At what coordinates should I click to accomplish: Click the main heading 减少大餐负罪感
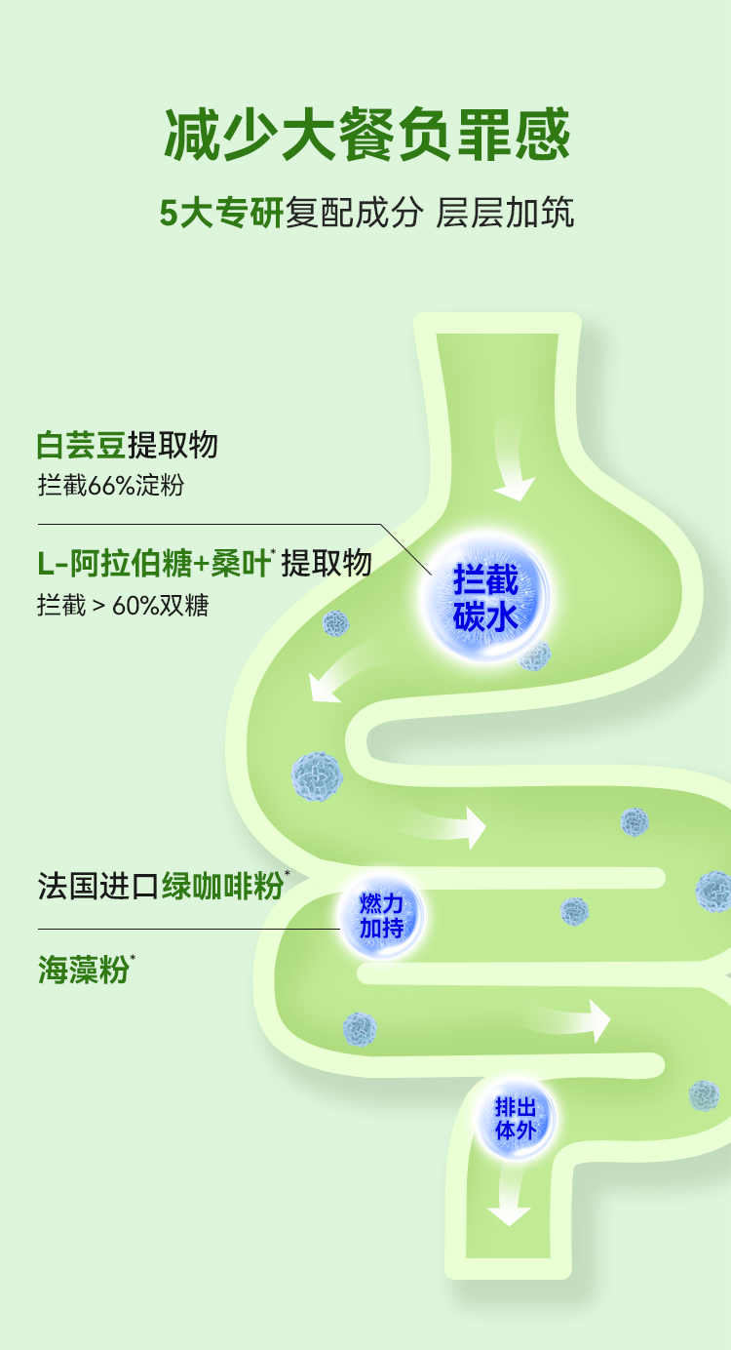point(366,135)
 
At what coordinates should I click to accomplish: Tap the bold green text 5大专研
point(221,213)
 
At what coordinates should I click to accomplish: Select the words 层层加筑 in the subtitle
point(505,213)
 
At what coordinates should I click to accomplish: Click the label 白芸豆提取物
point(127,446)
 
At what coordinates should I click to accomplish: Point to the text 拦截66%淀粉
point(111,485)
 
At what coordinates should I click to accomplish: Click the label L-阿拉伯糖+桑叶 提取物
point(204,564)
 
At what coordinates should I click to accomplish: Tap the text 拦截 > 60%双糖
point(123,605)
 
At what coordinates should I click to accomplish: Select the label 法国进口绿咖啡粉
point(163,886)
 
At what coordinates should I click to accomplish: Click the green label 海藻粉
point(86,970)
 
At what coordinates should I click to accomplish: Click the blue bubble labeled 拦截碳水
point(485,598)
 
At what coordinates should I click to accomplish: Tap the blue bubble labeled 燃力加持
point(381,916)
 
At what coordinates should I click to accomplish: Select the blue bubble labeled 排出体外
point(516,1118)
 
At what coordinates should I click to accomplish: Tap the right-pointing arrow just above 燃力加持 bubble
point(445,824)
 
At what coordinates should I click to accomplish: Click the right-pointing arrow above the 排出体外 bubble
point(569,1019)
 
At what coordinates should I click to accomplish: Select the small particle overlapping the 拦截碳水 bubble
point(535,655)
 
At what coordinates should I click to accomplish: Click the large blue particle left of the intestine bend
point(317,776)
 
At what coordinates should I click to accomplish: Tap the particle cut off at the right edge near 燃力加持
point(714,891)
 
